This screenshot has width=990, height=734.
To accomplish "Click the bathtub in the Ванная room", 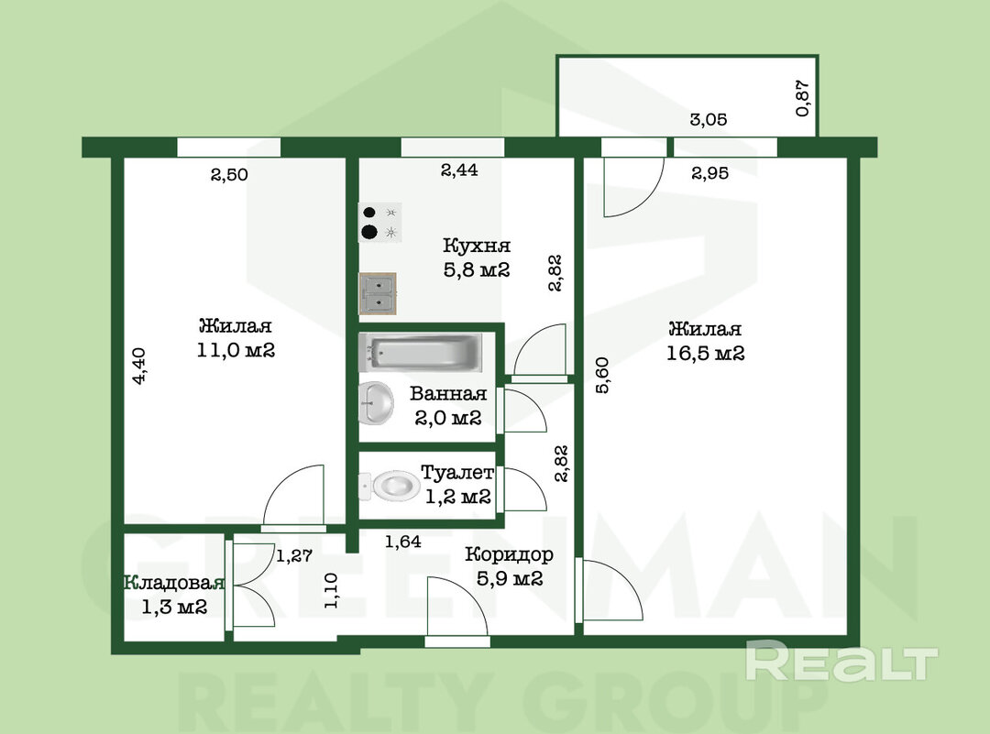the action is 421,352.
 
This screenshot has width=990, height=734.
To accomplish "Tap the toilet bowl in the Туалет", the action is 390,486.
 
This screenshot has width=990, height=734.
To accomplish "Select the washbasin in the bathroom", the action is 376,402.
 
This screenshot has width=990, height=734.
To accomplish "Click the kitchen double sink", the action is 378,293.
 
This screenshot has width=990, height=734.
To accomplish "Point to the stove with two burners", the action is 379,222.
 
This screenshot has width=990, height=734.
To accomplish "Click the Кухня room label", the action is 477,245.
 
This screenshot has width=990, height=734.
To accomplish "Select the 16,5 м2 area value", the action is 705,353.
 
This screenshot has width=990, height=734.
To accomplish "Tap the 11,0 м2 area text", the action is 236,350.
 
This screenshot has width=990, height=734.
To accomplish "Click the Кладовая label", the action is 173,583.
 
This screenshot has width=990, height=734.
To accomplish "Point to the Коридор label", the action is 509,554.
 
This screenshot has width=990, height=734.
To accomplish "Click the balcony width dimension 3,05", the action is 709,119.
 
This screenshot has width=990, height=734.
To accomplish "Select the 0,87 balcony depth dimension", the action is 802,98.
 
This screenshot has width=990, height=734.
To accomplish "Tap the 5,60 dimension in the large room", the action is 602,375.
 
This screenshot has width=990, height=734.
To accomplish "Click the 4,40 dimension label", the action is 139,366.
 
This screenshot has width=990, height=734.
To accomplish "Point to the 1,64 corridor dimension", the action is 402,541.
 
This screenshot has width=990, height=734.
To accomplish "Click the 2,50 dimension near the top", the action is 229,174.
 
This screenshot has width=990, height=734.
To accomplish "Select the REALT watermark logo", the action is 841,660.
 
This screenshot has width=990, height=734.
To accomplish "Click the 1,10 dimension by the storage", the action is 331,591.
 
